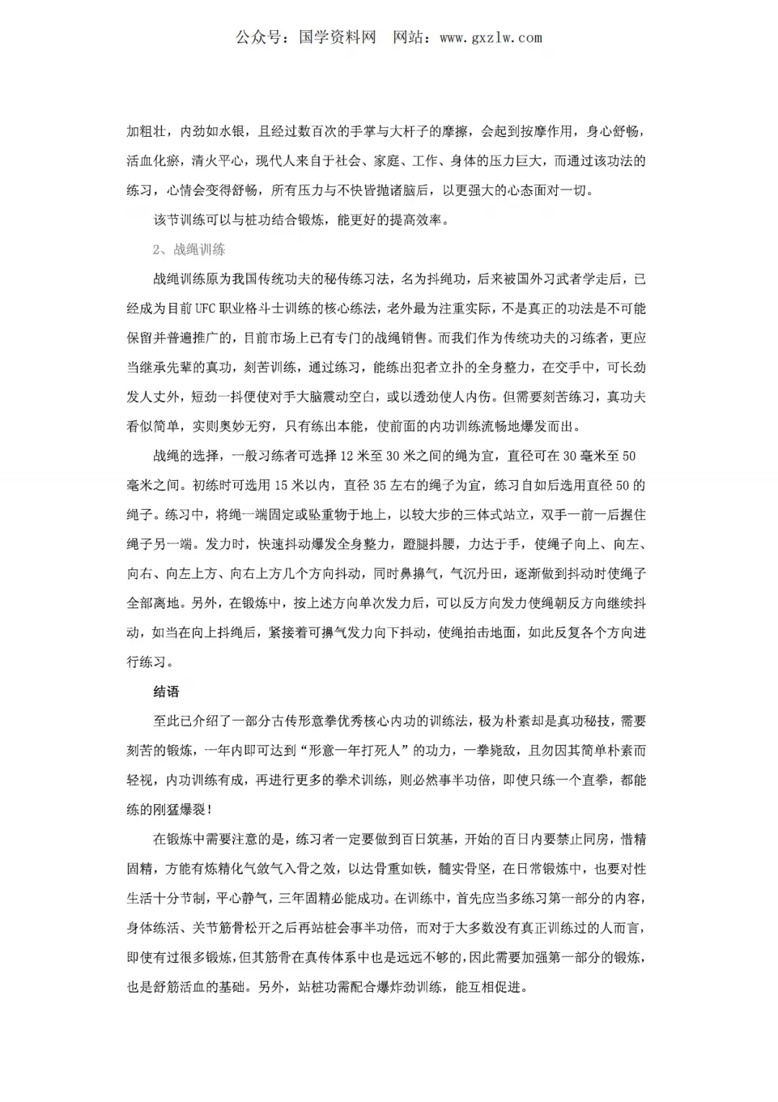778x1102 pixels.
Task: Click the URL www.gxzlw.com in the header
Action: click(x=491, y=38)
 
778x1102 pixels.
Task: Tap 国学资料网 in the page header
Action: click(x=337, y=38)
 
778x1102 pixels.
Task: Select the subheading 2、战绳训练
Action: click(x=189, y=249)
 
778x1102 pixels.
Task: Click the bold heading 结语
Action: click(x=166, y=692)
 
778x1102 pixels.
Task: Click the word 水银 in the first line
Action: click(x=233, y=131)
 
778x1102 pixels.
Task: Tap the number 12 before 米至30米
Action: click(x=346, y=456)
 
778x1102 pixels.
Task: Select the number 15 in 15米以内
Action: click(x=280, y=485)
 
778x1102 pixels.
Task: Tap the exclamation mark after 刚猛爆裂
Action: click(x=209, y=810)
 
